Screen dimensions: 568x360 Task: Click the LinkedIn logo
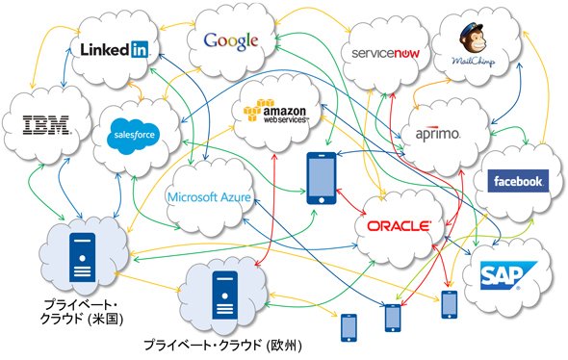(115, 49)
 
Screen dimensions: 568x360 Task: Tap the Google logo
(231, 41)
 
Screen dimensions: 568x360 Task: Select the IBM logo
(46, 125)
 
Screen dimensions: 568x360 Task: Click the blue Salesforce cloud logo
(134, 136)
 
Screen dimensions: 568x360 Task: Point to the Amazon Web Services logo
(275, 112)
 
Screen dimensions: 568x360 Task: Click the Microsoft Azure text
(209, 197)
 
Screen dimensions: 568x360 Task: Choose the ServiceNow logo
(385, 54)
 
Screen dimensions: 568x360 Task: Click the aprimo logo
(438, 134)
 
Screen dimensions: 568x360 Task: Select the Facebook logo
(518, 181)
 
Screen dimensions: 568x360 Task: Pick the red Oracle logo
(399, 226)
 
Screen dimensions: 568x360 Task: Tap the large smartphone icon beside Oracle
(322, 178)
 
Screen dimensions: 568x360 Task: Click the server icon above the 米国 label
(82, 257)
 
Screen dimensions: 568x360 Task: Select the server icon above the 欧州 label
(225, 295)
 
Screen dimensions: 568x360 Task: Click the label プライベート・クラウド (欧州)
(222, 345)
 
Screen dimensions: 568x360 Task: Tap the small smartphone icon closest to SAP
(450, 304)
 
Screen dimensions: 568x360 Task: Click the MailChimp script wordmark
(473, 61)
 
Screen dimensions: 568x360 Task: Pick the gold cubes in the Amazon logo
(253, 111)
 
